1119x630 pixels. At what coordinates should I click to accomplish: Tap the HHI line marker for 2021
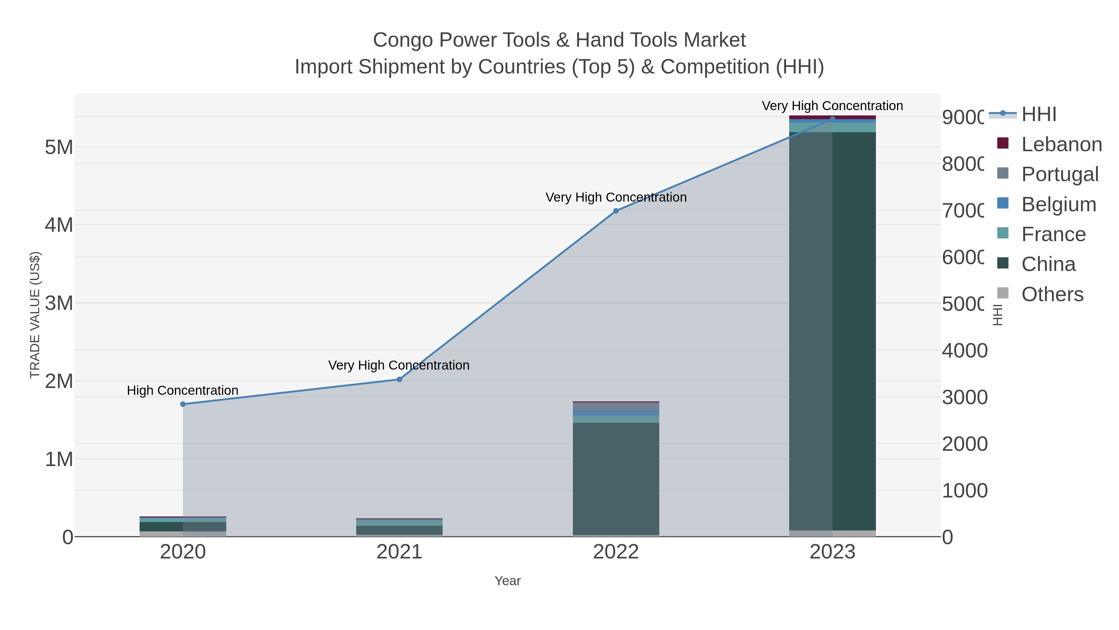pos(399,379)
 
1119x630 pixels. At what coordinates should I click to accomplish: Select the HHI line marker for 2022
pos(615,211)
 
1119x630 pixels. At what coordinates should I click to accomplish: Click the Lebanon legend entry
pos(1061,144)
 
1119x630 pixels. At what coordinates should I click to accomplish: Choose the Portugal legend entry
pos(1060,174)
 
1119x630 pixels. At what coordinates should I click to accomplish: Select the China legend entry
pos(1048,264)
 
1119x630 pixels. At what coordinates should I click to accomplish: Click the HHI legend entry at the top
pos(1038,114)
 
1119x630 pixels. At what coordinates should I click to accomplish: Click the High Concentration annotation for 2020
pos(182,390)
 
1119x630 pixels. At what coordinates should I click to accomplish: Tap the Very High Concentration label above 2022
pos(615,197)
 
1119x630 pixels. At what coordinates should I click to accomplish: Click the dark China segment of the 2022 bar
pos(615,478)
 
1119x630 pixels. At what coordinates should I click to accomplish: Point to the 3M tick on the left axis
pos(59,303)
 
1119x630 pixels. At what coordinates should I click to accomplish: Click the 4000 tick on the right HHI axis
pos(964,350)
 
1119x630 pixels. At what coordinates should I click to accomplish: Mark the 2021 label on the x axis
pos(399,552)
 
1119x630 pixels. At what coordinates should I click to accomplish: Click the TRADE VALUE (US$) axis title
pos(35,315)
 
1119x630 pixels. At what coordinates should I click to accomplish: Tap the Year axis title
pos(507,581)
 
